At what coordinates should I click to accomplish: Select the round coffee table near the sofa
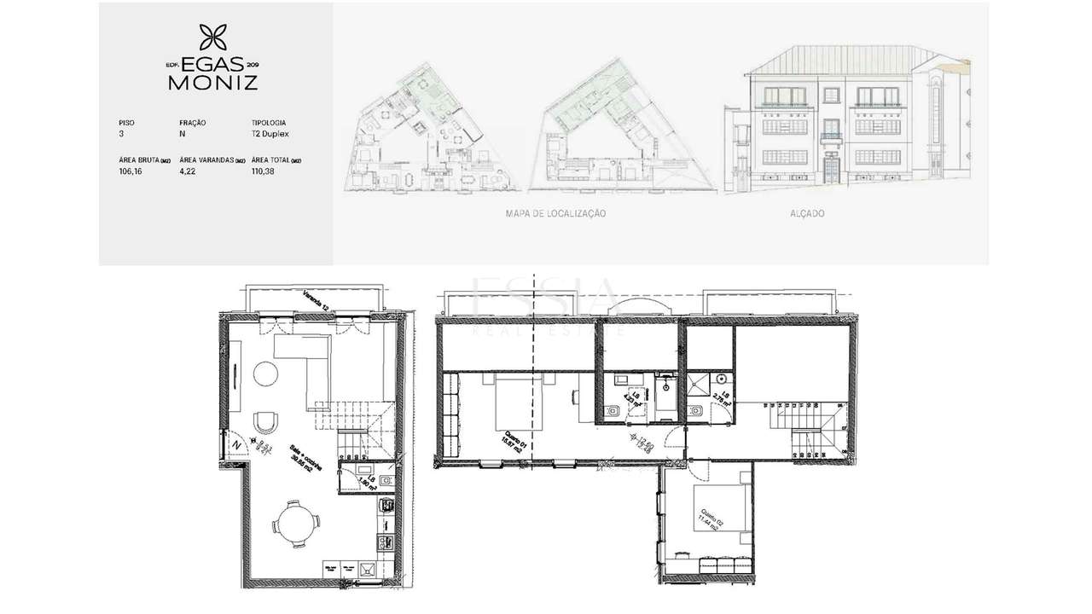pos(266,373)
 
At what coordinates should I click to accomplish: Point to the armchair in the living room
pos(266,422)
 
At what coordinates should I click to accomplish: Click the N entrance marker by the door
pos(237,443)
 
